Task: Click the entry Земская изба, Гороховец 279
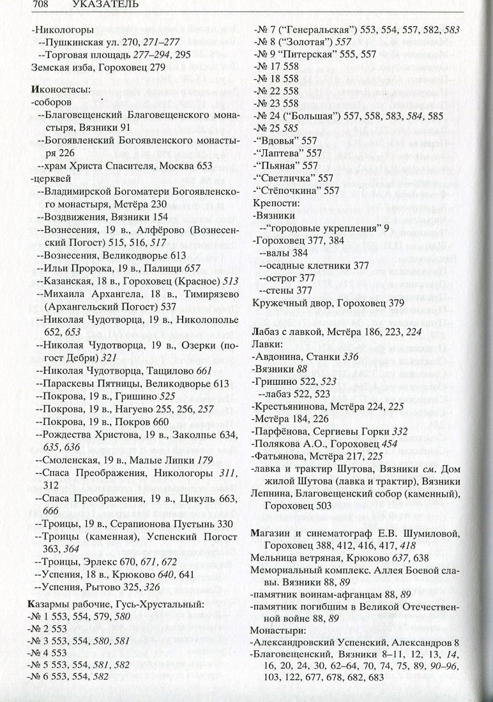98,66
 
